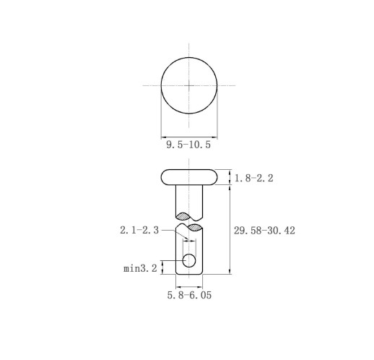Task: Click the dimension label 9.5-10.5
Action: tap(188, 145)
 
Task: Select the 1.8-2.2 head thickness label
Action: tap(254, 178)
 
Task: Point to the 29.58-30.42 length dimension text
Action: tap(264, 231)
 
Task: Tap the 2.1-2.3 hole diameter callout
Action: tap(139, 230)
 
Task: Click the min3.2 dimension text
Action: tap(140, 268)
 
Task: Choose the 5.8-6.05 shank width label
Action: tap(189, 295)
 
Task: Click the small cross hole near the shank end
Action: tap(189, 260)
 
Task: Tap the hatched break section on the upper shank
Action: tap(183, 216)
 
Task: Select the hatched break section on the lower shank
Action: tap(194, 227)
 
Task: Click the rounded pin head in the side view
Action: tap(189, 177)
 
